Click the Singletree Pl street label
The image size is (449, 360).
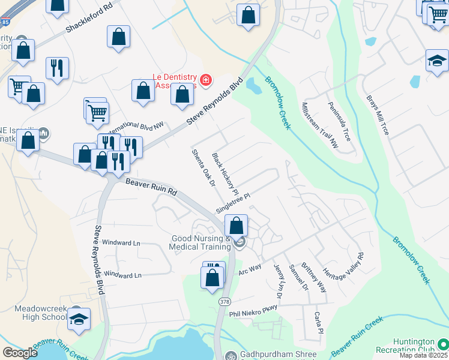click(232, 203)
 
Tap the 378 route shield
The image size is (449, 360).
click(224, 301)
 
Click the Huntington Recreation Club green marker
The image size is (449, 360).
click(442, 344)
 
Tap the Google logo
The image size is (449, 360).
click(19, 353)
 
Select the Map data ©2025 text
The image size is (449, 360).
click(423, 355)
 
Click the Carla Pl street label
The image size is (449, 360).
click(318, 323)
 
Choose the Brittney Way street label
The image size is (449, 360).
click(314, 277)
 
